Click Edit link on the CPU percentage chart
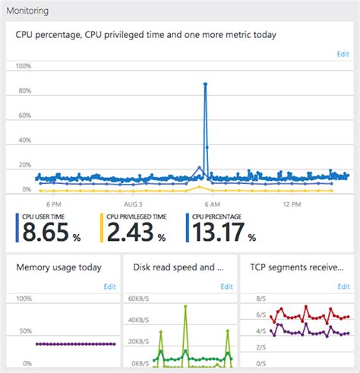(343, 54)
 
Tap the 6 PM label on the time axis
(54, 204)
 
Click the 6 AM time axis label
(212, 204)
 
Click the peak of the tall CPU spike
(205, 84)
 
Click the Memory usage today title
(58, 267)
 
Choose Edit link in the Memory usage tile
(109, 286)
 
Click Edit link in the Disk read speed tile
(226, 286)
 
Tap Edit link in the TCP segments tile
(343, 286)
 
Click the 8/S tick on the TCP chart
(257, 299)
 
